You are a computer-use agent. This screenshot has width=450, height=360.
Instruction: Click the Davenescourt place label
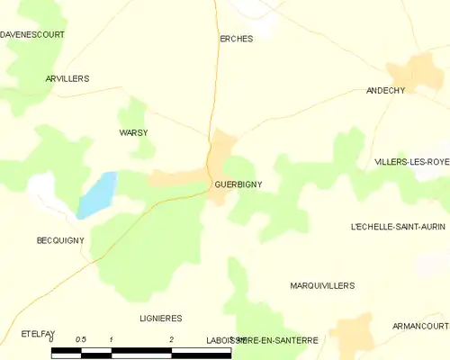click(32, 34)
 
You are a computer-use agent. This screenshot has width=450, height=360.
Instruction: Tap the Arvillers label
click(67, 79)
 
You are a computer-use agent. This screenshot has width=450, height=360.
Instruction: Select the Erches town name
click(237, 39)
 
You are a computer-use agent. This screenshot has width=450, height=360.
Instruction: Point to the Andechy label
click(386, 91)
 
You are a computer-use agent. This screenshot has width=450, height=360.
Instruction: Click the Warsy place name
click(133, 133)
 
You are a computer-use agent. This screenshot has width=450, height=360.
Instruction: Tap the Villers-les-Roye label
click(412, 162)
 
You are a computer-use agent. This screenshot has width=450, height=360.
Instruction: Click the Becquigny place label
click(60, 240)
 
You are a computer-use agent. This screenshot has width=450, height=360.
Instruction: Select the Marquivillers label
click(322, 285)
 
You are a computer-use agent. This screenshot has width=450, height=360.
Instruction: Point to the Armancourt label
click(420, 326)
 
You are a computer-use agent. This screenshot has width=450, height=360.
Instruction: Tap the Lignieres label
click(161, 319)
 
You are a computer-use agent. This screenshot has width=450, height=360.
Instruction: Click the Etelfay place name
click(39, 334)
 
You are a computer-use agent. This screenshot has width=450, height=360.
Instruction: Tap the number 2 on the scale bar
click(171, 339)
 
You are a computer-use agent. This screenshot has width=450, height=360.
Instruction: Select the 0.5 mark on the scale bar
click(81, 339)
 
